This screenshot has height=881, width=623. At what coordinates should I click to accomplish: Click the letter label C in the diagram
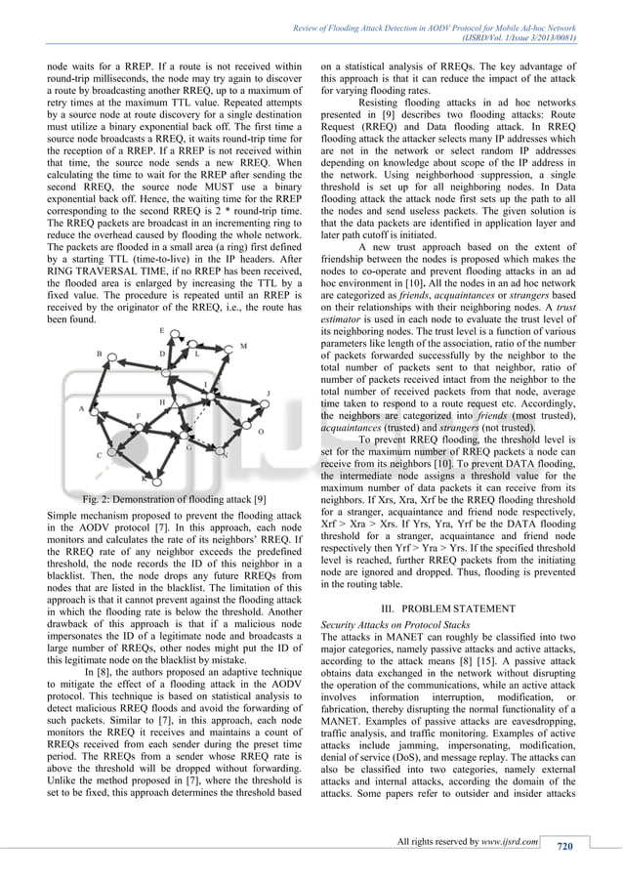pos(99,455)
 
